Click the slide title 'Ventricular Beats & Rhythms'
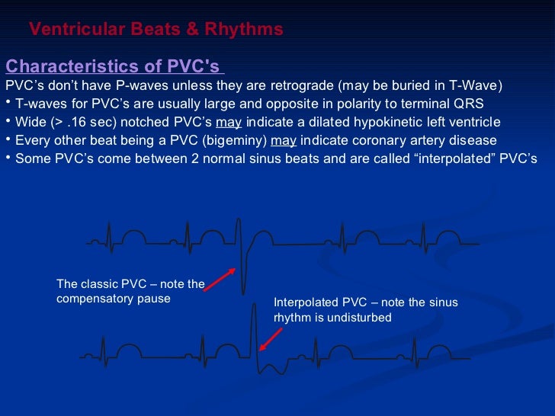pos(156,30)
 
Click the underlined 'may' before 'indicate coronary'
pos(284,140)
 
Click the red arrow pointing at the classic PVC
pos(219,278)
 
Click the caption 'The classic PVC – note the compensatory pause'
pos(130,292)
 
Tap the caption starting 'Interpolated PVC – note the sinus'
pos(366,309)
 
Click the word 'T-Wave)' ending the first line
pos(480,85)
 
